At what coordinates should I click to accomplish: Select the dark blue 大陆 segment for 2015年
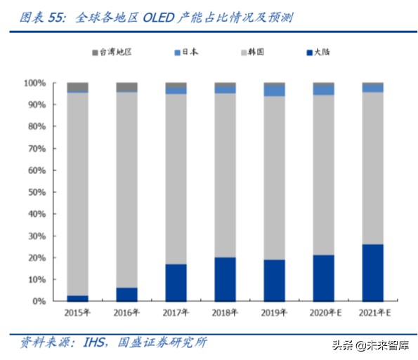[x=77, y=298]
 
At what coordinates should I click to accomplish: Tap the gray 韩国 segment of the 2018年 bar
[x=225, y=175]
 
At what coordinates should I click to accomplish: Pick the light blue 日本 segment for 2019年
[x=274, y=91]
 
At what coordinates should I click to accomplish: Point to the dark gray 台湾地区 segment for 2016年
[x=126, y=87]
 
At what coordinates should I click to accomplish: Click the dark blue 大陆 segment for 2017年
[x=176, y=282]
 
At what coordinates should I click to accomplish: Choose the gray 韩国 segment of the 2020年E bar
[x=323, y=175]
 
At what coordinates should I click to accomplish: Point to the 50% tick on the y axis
[x=36, y=192]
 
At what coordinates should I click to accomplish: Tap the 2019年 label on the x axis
[x=274, y=313]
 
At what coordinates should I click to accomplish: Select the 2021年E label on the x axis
[x=372, y=313]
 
